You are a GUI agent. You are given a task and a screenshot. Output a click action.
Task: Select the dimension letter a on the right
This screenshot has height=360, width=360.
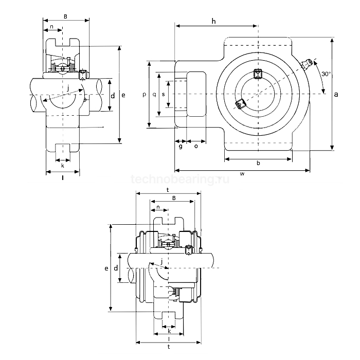(x=336, y=94)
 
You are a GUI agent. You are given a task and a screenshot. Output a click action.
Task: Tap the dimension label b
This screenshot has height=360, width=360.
(x=258, y=164)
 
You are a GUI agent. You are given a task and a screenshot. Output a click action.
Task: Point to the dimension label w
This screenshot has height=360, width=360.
(x=242, y=174)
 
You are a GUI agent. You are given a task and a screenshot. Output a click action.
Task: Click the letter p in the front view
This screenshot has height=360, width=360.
(x=144, y=95)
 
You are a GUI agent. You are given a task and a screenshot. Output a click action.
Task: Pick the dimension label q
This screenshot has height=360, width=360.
(x=154, y=95)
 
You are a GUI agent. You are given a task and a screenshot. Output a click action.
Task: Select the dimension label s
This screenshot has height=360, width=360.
(x=163, y=95)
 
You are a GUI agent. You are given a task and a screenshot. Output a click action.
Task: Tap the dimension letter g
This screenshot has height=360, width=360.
(x=181, y=147)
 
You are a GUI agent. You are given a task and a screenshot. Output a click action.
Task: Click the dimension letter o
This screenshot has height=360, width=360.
(x=196, y=147)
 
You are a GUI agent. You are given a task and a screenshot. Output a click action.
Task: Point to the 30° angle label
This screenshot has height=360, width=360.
(x=326, y=74)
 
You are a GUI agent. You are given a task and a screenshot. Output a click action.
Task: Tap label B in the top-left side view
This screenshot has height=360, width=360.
(x=65, y=16)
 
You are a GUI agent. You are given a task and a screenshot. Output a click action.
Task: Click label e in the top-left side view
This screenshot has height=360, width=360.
(x=123, y=95)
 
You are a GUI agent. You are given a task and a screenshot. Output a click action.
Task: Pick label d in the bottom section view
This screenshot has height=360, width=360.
(x=116, y=268)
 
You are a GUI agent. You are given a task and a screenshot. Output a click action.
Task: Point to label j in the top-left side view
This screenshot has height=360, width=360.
(x=68, y=88)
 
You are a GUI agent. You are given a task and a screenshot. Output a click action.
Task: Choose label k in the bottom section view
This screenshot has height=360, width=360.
(x=169, y=331)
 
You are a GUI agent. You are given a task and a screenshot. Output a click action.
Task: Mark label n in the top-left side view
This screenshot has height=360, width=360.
(x=51, y=27)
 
